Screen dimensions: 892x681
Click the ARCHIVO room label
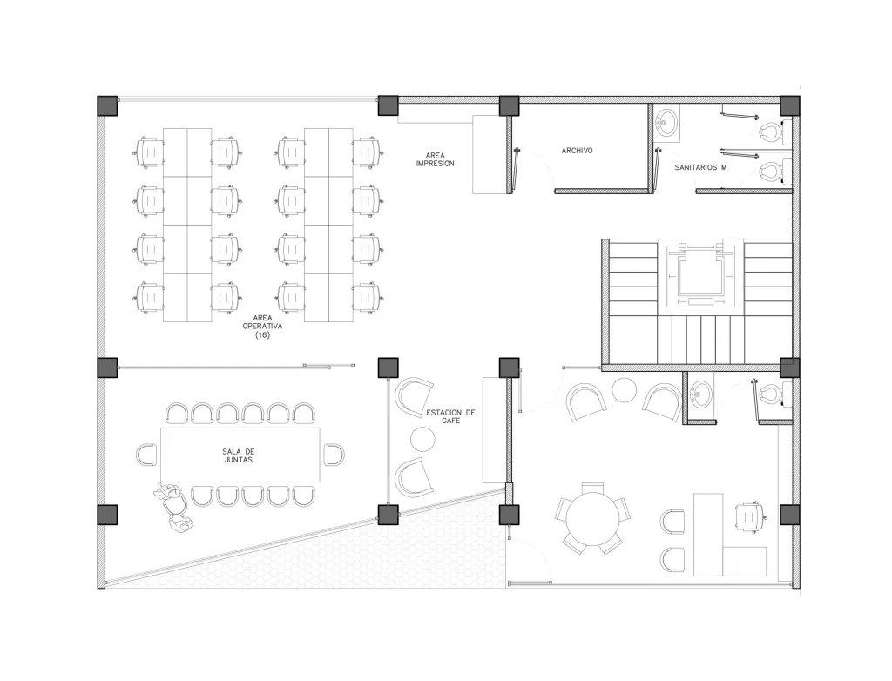click(577, 151)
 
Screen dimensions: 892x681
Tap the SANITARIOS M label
click(700, 168)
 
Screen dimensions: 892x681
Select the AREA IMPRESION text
click(436, 159)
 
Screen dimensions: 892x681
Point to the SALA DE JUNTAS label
click(239, 455)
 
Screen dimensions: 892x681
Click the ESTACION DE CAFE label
click(450, 416)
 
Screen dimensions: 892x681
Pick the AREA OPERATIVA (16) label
click(262, 327)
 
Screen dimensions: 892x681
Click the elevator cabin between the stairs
click(700, 273)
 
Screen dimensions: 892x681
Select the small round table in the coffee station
click(422, 439)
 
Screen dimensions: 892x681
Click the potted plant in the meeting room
click(173, 506)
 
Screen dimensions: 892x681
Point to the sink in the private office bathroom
click(701, 394)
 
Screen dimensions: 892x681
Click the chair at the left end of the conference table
click(146, 455)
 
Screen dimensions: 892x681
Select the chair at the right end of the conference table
click(334, 455)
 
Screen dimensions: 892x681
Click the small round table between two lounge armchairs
click(624, 390)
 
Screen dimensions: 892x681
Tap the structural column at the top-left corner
click(107, 106)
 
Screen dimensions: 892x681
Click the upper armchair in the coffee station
click(413, 396)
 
